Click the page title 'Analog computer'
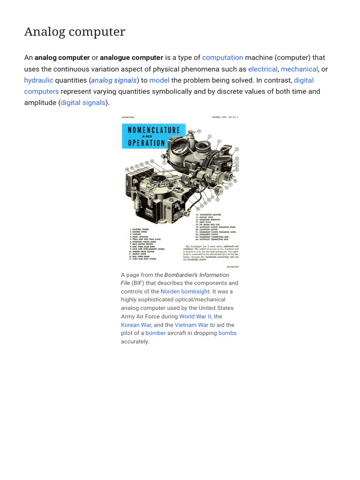75,32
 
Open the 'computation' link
222,58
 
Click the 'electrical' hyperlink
262,69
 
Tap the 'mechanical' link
299,69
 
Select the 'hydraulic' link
38,80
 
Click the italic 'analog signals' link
114,80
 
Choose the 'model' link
159,80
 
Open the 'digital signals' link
83,103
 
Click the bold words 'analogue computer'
132,58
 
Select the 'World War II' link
195,316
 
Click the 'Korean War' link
136,325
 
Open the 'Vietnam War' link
191,325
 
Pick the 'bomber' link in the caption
156,333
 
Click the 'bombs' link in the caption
227,333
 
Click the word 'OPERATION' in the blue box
146,143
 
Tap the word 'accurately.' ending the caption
135,342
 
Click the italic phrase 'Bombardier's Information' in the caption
197,275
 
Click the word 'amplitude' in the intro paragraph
41,103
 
